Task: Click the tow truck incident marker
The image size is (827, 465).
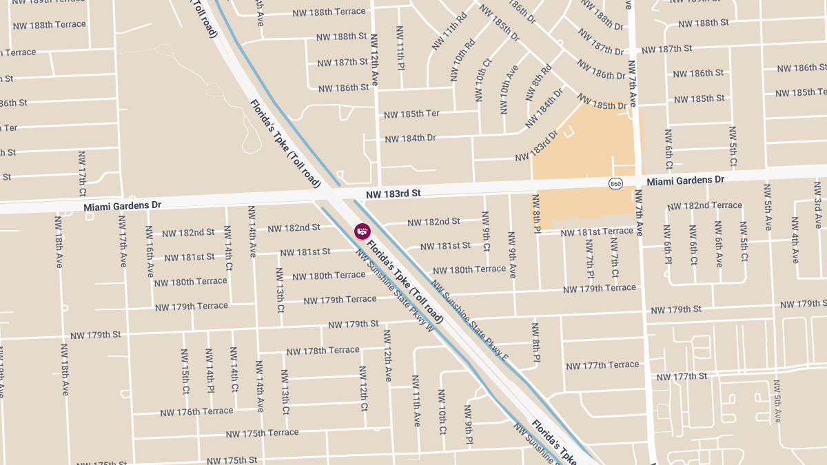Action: (363, 231)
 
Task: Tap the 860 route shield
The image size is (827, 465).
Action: (615, 183)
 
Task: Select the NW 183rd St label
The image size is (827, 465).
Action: (393, 194)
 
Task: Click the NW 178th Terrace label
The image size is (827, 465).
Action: (323, 351)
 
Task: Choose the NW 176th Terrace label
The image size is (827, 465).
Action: (196, 412)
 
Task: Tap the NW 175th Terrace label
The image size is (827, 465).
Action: (262, 433)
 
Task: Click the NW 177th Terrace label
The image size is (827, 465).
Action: (602, 365)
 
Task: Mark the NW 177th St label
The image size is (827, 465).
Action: (682, 376)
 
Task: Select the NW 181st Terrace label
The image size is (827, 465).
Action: (596, 232)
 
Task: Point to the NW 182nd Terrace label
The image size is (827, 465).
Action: (704, 205)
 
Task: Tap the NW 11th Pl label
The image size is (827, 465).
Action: (400, 48)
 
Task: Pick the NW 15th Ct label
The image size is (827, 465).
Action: (185, 371)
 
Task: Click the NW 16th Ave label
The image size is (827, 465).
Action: (150, 251)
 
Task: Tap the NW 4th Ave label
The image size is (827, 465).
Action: (795, 240)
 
